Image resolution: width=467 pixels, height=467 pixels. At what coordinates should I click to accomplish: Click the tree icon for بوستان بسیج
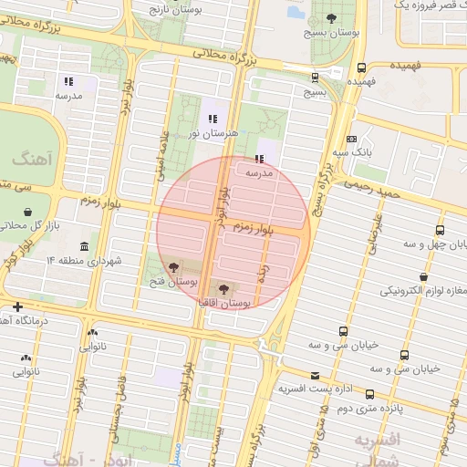tap(330, 18)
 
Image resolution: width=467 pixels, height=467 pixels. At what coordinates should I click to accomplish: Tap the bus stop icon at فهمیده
tap(362, 67)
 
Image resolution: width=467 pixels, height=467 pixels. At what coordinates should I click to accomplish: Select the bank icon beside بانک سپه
tap(351, 139)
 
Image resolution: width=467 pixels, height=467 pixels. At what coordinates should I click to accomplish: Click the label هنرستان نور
tap(213, 133)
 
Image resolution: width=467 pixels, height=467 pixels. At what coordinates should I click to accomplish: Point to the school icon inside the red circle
tap(247, 158)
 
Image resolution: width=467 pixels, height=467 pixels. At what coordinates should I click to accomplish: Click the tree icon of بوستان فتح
tap(174, 267)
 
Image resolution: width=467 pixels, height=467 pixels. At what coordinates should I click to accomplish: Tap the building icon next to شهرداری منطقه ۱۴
tap(85, 247)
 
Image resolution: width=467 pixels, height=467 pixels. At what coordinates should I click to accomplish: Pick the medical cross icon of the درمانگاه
tap(16, 306)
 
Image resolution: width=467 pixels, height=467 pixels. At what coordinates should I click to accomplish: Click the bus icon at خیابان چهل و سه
tap(441, 230)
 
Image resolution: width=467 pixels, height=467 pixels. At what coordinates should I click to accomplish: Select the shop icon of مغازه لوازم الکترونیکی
tap(423, 276)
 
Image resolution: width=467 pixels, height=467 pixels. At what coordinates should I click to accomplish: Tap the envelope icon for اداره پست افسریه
tap(316, 376)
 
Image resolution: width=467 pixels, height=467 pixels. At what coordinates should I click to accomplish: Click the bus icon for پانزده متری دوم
tap(369, 394)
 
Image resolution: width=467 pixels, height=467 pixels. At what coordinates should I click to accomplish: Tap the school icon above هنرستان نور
tap(213, 119)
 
